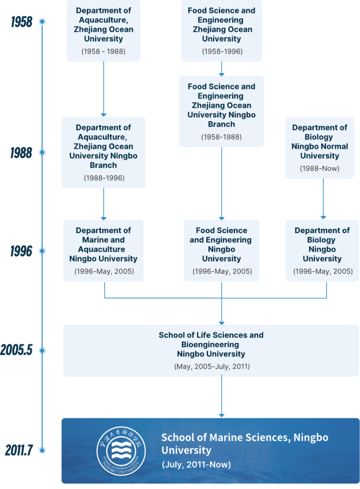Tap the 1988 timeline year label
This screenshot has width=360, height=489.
(21, 153)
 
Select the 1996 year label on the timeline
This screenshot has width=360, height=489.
(21, 251)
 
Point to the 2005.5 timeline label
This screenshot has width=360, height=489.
(16, 351)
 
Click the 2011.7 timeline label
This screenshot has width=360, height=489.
(19, 450)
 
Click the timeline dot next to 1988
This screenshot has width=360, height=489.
(42, 153)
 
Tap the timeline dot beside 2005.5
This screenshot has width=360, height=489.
(42, 351)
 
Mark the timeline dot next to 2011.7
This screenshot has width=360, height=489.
(42, 450)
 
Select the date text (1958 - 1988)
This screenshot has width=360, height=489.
(104, 51)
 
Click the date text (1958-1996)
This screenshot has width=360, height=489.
(222, 51)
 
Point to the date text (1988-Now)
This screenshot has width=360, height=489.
(319, 168)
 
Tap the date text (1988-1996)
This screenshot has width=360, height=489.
(104, 178)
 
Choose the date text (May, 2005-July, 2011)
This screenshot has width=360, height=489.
(211, 366)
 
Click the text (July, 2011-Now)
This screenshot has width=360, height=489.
(196, 464)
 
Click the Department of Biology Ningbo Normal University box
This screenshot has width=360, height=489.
(319, 147)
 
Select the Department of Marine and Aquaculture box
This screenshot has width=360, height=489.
(104, 250)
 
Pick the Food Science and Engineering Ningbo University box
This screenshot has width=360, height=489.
(222, 250)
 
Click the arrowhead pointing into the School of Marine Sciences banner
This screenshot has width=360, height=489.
(222, 415)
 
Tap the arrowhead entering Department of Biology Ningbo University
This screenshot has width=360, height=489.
(323, 216)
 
